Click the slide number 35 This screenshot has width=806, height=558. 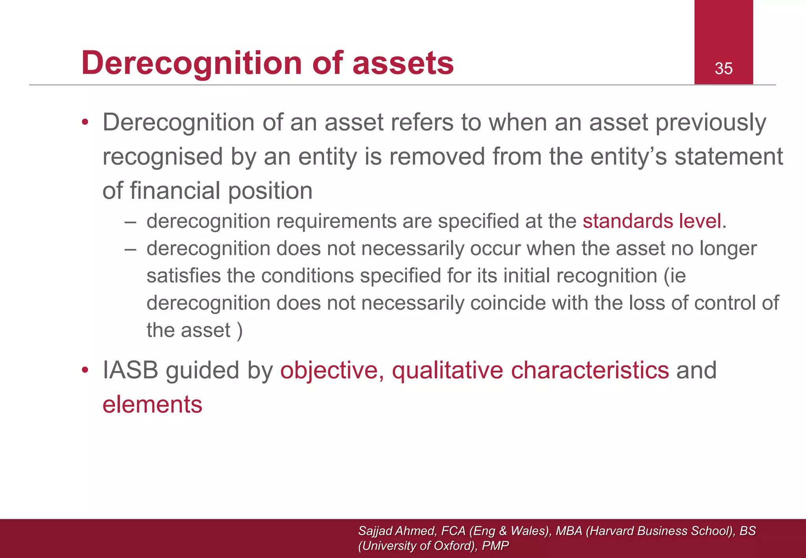coord(723,68)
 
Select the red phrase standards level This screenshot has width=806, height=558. coord(652,221)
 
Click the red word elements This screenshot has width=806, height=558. coord(152,405)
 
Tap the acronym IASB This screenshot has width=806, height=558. coord(130,371)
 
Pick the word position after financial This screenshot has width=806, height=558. coord(270,191)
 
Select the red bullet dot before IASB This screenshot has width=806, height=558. coord(85,371)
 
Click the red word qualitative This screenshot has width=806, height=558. coord(447,371)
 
